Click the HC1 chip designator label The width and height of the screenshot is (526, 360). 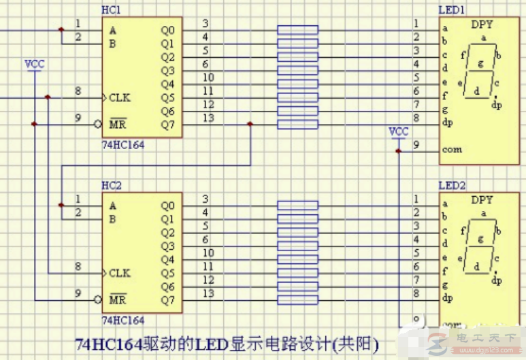(111, 11)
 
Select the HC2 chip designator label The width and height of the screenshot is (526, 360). (111, 185)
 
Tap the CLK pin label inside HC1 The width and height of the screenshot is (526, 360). (119, 98)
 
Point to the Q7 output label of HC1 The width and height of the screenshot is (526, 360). (167, 125)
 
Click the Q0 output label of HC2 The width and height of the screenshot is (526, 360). (167, 206)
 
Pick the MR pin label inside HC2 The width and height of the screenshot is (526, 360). (118, 300)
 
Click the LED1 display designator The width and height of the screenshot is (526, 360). (452, 11)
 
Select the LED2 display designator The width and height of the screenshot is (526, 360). (452, 185)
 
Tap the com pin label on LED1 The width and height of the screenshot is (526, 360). (451, 150)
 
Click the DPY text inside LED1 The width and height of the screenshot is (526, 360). (482, 25)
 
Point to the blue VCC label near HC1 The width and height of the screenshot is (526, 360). (34, 64)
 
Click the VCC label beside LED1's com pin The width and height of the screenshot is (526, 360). (399, 131)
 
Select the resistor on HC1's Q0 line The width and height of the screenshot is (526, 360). (297, 30)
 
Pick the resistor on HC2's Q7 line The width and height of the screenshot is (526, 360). (297, 299)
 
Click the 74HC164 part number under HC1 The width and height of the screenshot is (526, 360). (122, 145)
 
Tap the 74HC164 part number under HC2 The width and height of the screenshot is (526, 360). (122, 319)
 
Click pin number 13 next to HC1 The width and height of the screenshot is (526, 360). (208, 118)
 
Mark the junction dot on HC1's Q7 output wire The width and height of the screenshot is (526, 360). (250, 125)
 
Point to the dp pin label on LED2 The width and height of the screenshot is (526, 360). (446, 298)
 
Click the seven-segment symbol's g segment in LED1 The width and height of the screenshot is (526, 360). (482, 64)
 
